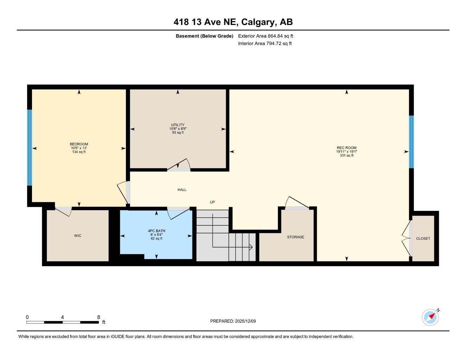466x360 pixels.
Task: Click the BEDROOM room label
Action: pyautogui.click(x=79, y=144)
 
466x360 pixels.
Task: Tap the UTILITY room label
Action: pyautogui.click(x=178, y=125)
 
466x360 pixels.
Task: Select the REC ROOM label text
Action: pyautogui.click(x=346, y=148)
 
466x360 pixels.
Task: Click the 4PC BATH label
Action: pyautogui.click(x=157, y=231)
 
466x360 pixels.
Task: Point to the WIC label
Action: pyautogui.click(x=78, y=236)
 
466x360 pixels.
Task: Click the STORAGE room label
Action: pyautogui.click(x=295, y=237)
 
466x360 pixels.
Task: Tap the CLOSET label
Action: pyautogui.click(x=423, y=238)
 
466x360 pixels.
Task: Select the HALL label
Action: pyautogui.click(x=182, y=190)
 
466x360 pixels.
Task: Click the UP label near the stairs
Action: pyautogui.click(x=212, y=202)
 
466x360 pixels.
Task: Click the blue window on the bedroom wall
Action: pyautogui.click(x=30, y=148)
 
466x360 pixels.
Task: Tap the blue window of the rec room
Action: pyautogui.click(x=411, y=142)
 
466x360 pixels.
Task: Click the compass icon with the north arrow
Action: pyautogui.click(x=430, y=317)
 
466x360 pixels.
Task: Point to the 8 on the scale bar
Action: pyautogui.click(x=99, y=317)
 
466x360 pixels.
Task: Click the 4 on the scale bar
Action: pyautogui.click(x=62, y=317)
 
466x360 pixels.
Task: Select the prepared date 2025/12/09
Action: pyautogui.click(x=248, y=321)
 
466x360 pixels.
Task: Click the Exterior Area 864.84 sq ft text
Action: pyautogui.click(x=266, y=36)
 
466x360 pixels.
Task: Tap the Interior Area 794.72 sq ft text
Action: pyautogui.click(x=265, y=44)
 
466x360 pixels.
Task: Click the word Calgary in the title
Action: pyautogui.click(x=258, y=22)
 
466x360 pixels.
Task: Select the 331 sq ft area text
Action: pyautogui.click(x=346, y=155)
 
